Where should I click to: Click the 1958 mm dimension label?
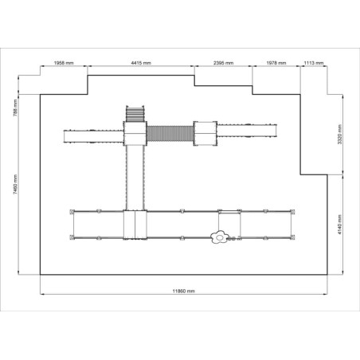click(64, 63)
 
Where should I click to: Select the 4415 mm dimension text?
click(141, 63)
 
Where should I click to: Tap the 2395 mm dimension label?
click(223, 63)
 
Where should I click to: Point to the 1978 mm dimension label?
click(276, 63)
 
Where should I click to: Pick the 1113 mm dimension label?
click(314, 63)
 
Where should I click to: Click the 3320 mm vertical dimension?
click(340, 135)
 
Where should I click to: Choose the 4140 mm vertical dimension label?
click(340, 225)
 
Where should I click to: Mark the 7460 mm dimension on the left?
click(15, 185)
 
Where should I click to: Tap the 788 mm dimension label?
click(15, 108)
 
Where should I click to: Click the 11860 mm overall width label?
click(183, 291)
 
